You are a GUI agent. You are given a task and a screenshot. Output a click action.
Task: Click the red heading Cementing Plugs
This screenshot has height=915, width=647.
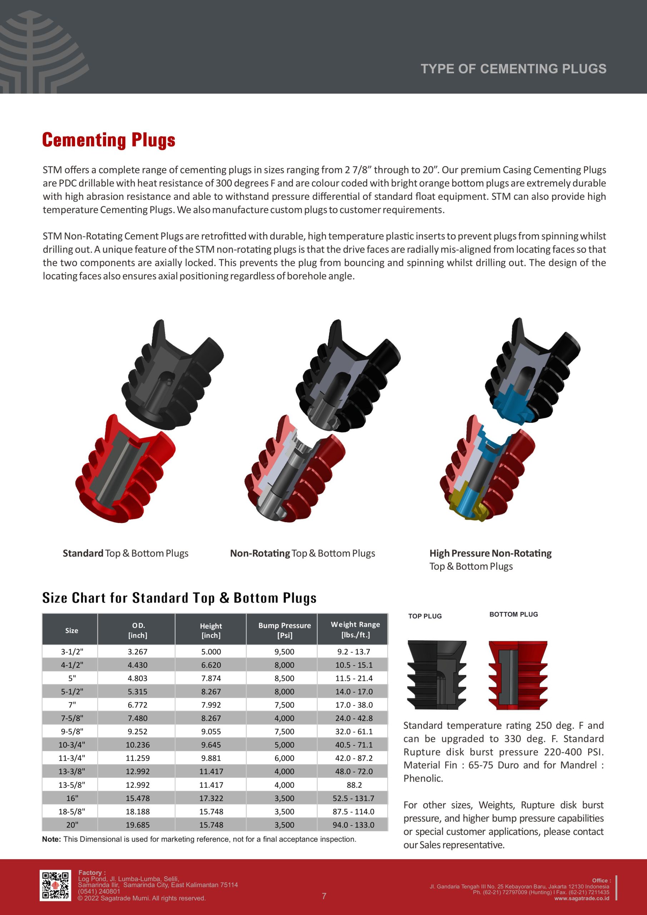(x=109, y=140)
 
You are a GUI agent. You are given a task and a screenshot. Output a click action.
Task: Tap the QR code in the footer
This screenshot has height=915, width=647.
(x=56, y=897)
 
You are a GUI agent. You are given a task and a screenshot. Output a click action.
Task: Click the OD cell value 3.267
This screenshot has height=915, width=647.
(x=138, y=652)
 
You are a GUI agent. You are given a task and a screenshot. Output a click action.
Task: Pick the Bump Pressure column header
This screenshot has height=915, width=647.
(x=284, y=630)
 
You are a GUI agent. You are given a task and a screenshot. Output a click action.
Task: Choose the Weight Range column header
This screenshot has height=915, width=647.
(x=355, y=629)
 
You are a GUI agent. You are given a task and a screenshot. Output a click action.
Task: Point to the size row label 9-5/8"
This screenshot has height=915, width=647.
(x=72, y=731)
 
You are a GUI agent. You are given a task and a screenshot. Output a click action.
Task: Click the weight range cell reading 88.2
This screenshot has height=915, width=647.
(x=354, y=785)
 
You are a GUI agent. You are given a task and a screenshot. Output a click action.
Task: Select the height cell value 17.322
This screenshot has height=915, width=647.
(x=211, y=798)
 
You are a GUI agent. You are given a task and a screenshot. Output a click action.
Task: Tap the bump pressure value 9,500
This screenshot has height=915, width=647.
(x=284, y=652)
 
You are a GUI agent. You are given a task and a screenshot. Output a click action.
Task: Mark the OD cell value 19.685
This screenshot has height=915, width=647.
(x=138, y=825)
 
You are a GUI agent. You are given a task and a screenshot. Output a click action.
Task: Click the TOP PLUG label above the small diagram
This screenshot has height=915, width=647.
(x=425, y=616)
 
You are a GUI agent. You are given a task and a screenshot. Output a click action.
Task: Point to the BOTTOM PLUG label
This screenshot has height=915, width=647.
(x=513, y=614)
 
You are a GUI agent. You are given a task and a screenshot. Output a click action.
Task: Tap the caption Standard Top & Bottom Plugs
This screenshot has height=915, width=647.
(x=125, y=553)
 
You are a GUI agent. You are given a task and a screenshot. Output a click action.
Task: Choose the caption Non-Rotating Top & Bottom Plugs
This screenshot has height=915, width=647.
(x=302, y=553)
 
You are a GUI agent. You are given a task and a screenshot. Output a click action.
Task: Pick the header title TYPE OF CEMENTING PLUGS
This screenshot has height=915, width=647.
(x=513, y=69)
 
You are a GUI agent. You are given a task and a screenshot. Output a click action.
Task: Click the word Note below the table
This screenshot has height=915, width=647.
(x=51, y=839)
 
